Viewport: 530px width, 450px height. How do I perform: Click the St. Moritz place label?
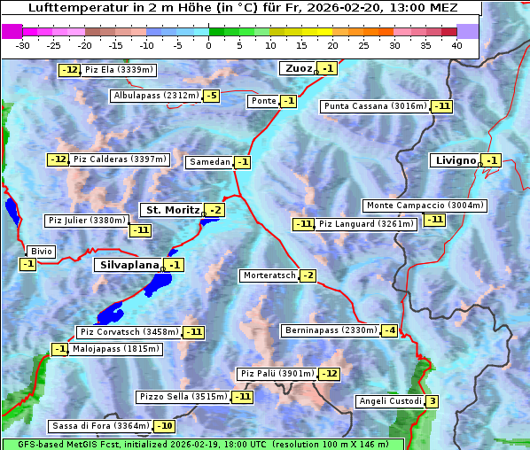[171, 210]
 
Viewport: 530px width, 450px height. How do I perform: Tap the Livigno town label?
[455, 160]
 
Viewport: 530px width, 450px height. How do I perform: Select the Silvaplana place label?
[129, 265]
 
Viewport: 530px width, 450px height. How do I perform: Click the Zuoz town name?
[297, 68]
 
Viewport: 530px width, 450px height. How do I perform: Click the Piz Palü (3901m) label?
[276, 374]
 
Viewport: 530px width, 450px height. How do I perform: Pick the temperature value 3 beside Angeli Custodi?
[432, 401]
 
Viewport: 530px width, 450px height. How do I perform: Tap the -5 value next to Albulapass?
[211, 96]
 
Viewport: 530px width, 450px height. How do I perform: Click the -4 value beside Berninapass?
[390, 330]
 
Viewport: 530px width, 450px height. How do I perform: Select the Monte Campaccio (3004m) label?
[425, 206]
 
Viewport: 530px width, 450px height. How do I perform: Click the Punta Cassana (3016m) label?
[374, 106]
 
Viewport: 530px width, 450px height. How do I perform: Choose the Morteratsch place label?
[269, 275]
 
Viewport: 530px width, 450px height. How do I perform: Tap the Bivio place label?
[41, 252]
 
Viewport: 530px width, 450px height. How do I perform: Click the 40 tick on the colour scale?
[456, 45]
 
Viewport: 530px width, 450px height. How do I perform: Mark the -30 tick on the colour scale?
[24, 45]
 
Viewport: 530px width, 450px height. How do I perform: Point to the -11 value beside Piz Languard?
[303, 224]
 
